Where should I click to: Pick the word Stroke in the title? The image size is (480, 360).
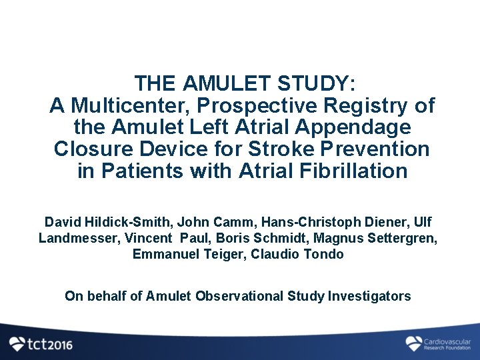(274, 149)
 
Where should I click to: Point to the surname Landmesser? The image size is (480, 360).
(75, 238)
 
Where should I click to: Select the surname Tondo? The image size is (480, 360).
(325, 254)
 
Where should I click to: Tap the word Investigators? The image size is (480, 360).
(369, 296)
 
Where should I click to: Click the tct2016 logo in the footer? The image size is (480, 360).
(41, 344)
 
